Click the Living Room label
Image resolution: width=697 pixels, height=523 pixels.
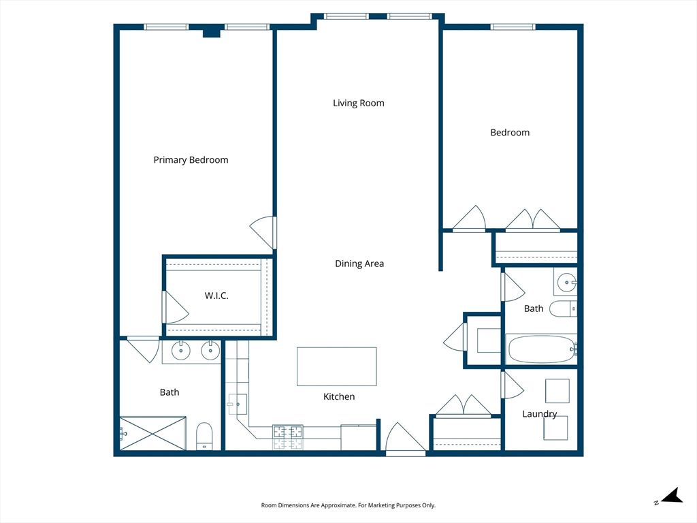358,104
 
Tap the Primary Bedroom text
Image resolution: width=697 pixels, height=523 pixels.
191,160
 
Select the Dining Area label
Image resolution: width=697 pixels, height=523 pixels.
359,264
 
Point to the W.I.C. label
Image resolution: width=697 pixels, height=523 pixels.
216,296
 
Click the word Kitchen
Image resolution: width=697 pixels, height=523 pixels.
339,397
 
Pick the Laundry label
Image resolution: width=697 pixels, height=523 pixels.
539,414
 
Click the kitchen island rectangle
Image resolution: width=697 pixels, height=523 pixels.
336,366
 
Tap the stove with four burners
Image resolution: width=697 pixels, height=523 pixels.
288,437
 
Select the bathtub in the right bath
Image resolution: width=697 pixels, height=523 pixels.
541,349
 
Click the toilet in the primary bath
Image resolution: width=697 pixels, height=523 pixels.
204,436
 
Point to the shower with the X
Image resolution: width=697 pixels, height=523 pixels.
153,433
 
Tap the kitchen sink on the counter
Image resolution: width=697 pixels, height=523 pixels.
238,405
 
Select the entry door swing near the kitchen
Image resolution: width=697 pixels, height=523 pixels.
405,438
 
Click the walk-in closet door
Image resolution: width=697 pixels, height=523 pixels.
175,307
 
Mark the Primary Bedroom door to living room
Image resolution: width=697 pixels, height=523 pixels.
263,233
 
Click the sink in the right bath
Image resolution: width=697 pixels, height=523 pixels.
567,282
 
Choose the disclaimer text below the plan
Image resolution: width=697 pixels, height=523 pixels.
348,505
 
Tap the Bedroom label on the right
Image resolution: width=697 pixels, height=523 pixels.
510,133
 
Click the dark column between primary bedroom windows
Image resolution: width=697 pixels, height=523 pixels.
212,32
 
